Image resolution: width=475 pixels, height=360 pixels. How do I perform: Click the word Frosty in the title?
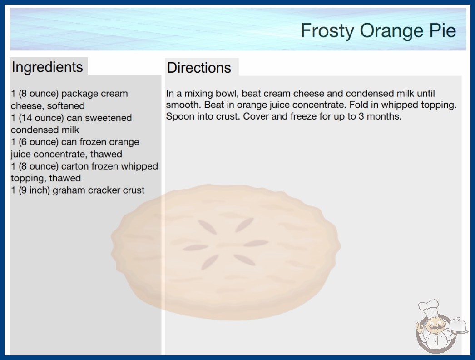tap(327, 31)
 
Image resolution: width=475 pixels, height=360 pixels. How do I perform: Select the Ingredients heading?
tap(47, 67)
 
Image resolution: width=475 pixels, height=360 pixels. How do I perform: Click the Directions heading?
tap(199, 68)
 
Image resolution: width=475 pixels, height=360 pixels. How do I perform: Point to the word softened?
tap(66, 106)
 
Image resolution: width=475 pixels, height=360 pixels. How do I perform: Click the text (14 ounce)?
tap(41, 118)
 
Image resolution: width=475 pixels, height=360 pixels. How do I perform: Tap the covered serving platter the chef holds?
tap(457, 325)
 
